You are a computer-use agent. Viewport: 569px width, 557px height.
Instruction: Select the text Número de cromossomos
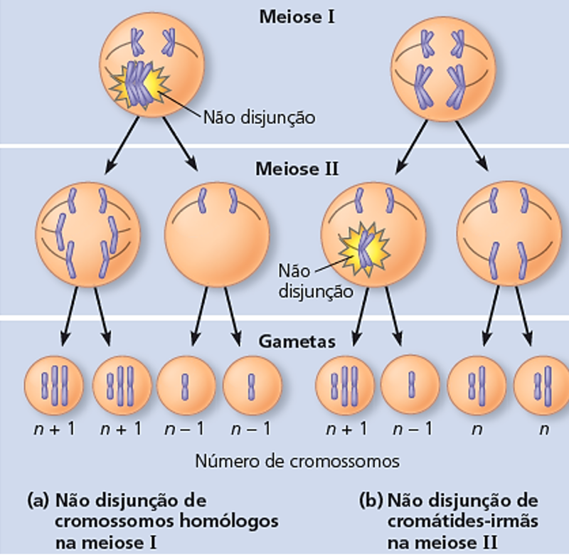tap(297, 461)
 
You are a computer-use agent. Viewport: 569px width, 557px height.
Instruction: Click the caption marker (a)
tap(36, 499)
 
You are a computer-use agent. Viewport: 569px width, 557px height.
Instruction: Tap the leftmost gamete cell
tap(53, 385)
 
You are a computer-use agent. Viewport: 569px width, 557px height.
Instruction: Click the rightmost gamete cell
tap(542, 385)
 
